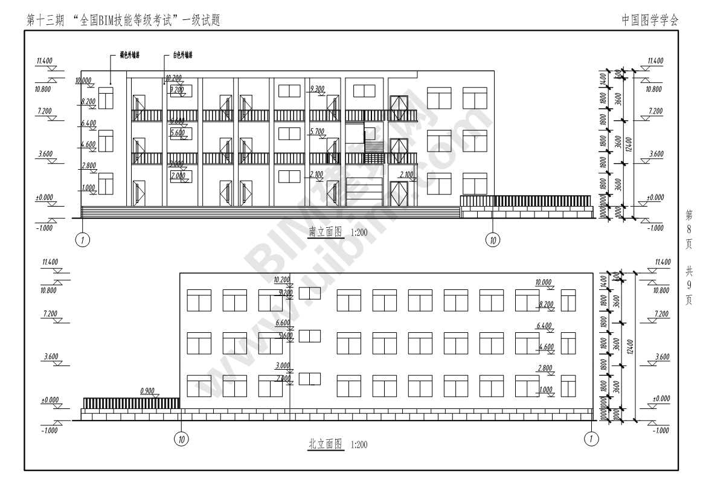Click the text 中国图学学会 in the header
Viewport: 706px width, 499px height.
pyautogui.click(x=650, y=20)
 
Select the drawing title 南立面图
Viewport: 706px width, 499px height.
pyautogui.click(x=326, y=231)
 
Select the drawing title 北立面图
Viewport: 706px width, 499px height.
pyautogui.click(x=326, y=445)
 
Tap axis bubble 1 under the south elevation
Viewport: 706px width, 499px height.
pyautogui.click(x=83, y=240)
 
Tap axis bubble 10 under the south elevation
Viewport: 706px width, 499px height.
pyautogui.click(x=493, y=240)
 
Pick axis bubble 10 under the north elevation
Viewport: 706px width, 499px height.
pyautogui.click(x=181, y=439)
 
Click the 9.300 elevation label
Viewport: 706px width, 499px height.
pyautogui.click(x=316, y=89)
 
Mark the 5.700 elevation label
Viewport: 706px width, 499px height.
pyautogui.click(x=316, y=131)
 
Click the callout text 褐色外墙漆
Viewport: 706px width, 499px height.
pyautogui.click(x=130, y=55)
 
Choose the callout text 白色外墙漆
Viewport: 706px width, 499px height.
pyautogui.click(x=182, y=55)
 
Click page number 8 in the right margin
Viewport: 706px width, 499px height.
pyautogui.click(x=689, y=228)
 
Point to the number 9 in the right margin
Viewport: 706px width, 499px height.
pyautogui.click(x=689, y=286)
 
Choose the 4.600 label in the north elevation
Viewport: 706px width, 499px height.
pyautogui.click(x=545, y=347)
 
